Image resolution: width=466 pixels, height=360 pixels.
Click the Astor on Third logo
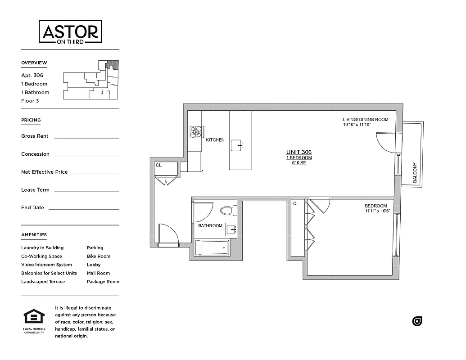click(x=70, y=31)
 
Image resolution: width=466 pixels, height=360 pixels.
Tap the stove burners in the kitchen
click(x=196, y=131)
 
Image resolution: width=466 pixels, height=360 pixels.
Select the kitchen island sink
click(x=237, y=145)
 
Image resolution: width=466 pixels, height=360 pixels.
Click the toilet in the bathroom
click(x=228, y=211)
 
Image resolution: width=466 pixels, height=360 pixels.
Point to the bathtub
click(x=212, y=248)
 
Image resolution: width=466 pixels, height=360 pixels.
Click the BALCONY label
click(x=415, y=173)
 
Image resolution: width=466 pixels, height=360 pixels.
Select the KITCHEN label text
click(x=215, y=140)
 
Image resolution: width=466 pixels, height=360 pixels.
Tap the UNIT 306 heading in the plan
click(x=299, y=152)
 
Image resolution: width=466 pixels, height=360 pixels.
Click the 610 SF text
click(x=299, y=163)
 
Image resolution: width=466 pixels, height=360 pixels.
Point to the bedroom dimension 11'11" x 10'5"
click(x=376, y=211)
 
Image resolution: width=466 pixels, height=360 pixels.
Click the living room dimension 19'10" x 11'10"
click(x=356, y=125)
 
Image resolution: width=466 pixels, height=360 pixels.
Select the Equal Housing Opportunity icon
click(x=34, y=317)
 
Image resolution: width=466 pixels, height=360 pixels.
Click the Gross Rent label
click(x=35, y=136)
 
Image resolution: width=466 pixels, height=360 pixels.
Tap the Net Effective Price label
click(x=44, y=172)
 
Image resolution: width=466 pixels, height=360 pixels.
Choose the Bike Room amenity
click(x=98, y=256)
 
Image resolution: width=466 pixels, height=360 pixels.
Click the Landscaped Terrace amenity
click(x=43, y=282)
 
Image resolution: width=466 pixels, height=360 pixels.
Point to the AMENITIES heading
click(x=34, y=234)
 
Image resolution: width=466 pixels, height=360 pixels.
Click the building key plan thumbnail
click(x=90, y=80)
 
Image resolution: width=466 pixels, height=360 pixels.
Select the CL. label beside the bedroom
click(x=296, y=204)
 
